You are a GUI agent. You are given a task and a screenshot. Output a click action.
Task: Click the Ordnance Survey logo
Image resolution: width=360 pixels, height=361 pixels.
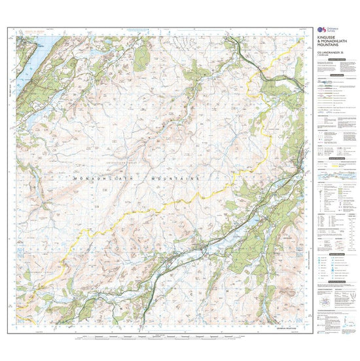click(320, 31)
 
